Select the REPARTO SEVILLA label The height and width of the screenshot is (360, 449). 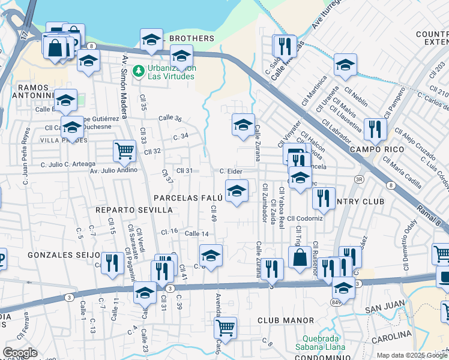tap(134, 210)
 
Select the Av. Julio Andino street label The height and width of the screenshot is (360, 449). tap(114, 170)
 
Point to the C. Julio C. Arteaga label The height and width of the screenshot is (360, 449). tap(68, 164)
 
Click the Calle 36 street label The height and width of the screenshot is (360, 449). tap(170, 119)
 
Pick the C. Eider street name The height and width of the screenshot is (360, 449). tap(231, 171)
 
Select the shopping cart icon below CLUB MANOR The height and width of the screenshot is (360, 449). tap(225, 327)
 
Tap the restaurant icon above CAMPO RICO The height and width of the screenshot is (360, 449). tap(375, 128)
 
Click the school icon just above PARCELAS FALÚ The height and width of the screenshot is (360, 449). tap(237, 191)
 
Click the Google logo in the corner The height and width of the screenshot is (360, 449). tap(20, 353)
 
